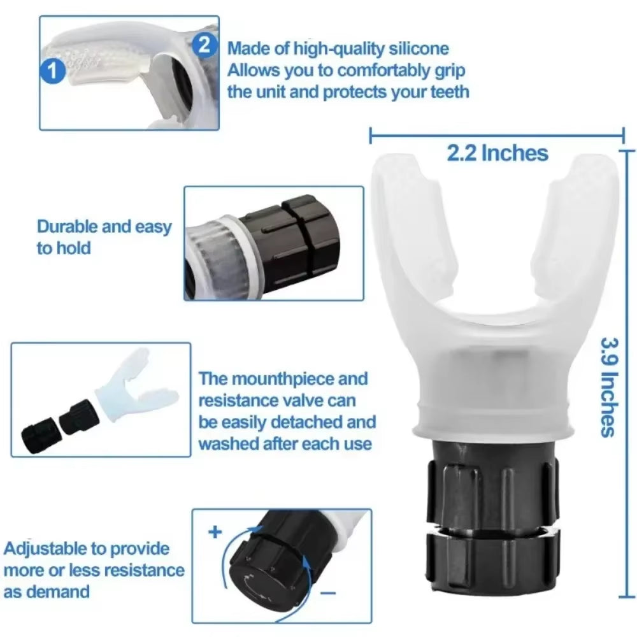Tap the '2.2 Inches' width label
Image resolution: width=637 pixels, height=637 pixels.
[x=497, y=153]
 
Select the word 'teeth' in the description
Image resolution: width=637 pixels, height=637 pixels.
[x=445, y=92]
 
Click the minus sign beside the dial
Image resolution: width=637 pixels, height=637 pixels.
[x=327, y=592]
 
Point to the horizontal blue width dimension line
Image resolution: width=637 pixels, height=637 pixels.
[x=497, y=134]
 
